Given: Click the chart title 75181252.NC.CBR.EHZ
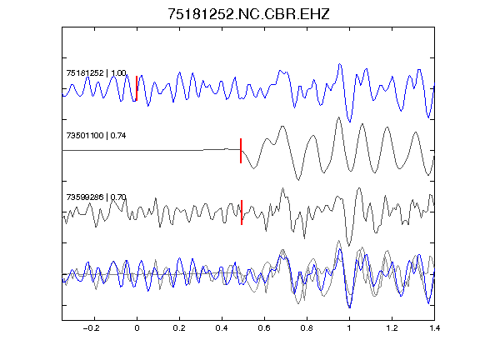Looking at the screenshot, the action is [x=248, y=14].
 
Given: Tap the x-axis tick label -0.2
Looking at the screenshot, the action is [x=91, y=328].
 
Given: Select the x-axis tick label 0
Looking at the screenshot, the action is [x=137, y=328].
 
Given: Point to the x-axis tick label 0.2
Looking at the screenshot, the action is [x=179, y=328].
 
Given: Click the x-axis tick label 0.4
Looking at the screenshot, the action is [x=222, y=328].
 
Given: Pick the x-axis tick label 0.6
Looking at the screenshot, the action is [x=264, y=328].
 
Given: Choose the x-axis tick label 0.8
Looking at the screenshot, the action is [x=307, y=328].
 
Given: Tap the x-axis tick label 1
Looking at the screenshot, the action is [x=349, y=328].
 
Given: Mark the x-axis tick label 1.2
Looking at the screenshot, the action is [x=392, y=328].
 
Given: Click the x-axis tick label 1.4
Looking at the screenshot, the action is [x=434, y=328].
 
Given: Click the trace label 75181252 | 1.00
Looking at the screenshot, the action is [x=96, y=73].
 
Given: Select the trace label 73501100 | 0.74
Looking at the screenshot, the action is [x=96, y=135].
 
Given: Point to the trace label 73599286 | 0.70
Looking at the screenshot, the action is [x=96, y=197].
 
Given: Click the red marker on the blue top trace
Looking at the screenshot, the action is [x=137, y=88].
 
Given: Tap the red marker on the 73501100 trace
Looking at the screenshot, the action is [x=241, y=151].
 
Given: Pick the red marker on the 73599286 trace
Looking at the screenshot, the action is [x=242, y=212].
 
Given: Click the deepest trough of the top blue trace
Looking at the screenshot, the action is [x=350, y=122].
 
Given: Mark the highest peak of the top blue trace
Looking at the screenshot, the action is [x=339, y=64].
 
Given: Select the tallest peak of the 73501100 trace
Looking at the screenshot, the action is [x=338, y=117].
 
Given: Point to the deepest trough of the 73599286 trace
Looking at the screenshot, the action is [x=348, y=246].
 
